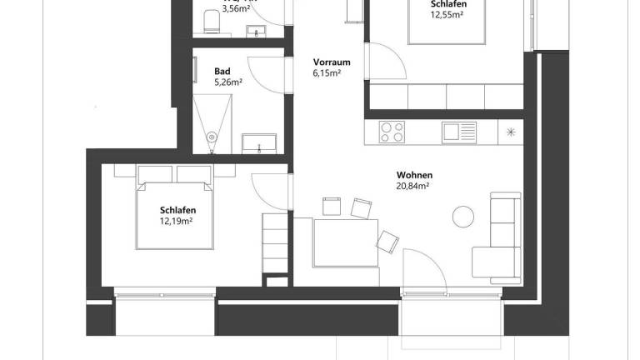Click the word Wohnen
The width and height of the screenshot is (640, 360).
pos(414,175)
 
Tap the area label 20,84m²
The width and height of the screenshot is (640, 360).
pos(414,187)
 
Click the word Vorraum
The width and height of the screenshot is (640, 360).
pos(331,62)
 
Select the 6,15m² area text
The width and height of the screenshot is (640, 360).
pos(327,73)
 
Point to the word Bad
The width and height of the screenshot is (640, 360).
pos(222,71)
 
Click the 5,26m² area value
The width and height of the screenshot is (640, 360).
pos(227,82)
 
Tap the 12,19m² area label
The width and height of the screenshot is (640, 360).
pos(177,222)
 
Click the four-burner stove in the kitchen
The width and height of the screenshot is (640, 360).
pos(392,132)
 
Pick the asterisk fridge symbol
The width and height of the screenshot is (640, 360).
pos(511,132)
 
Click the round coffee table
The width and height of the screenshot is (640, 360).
pos(463,216)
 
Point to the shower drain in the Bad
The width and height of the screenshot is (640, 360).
pos(212,136)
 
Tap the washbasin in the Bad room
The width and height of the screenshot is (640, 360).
pos(260,142)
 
